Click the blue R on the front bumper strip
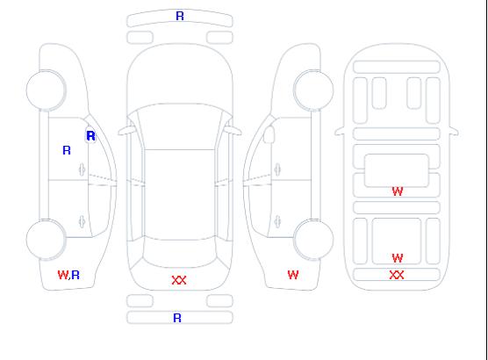180,16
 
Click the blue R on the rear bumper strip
177,318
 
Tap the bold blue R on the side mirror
90,136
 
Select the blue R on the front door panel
67,150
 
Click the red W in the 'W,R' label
62,275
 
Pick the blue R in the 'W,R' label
75,275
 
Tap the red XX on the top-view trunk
179,280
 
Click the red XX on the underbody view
397,275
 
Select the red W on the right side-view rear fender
293,275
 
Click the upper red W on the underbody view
398,191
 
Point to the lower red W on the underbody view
398,258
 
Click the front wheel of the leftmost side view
46,90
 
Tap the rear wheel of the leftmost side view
46,240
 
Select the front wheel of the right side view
313,90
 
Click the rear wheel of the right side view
313,240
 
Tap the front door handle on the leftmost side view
82,169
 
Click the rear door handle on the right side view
277,222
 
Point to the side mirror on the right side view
269,134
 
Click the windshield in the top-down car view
180,126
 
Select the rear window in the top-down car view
180,253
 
